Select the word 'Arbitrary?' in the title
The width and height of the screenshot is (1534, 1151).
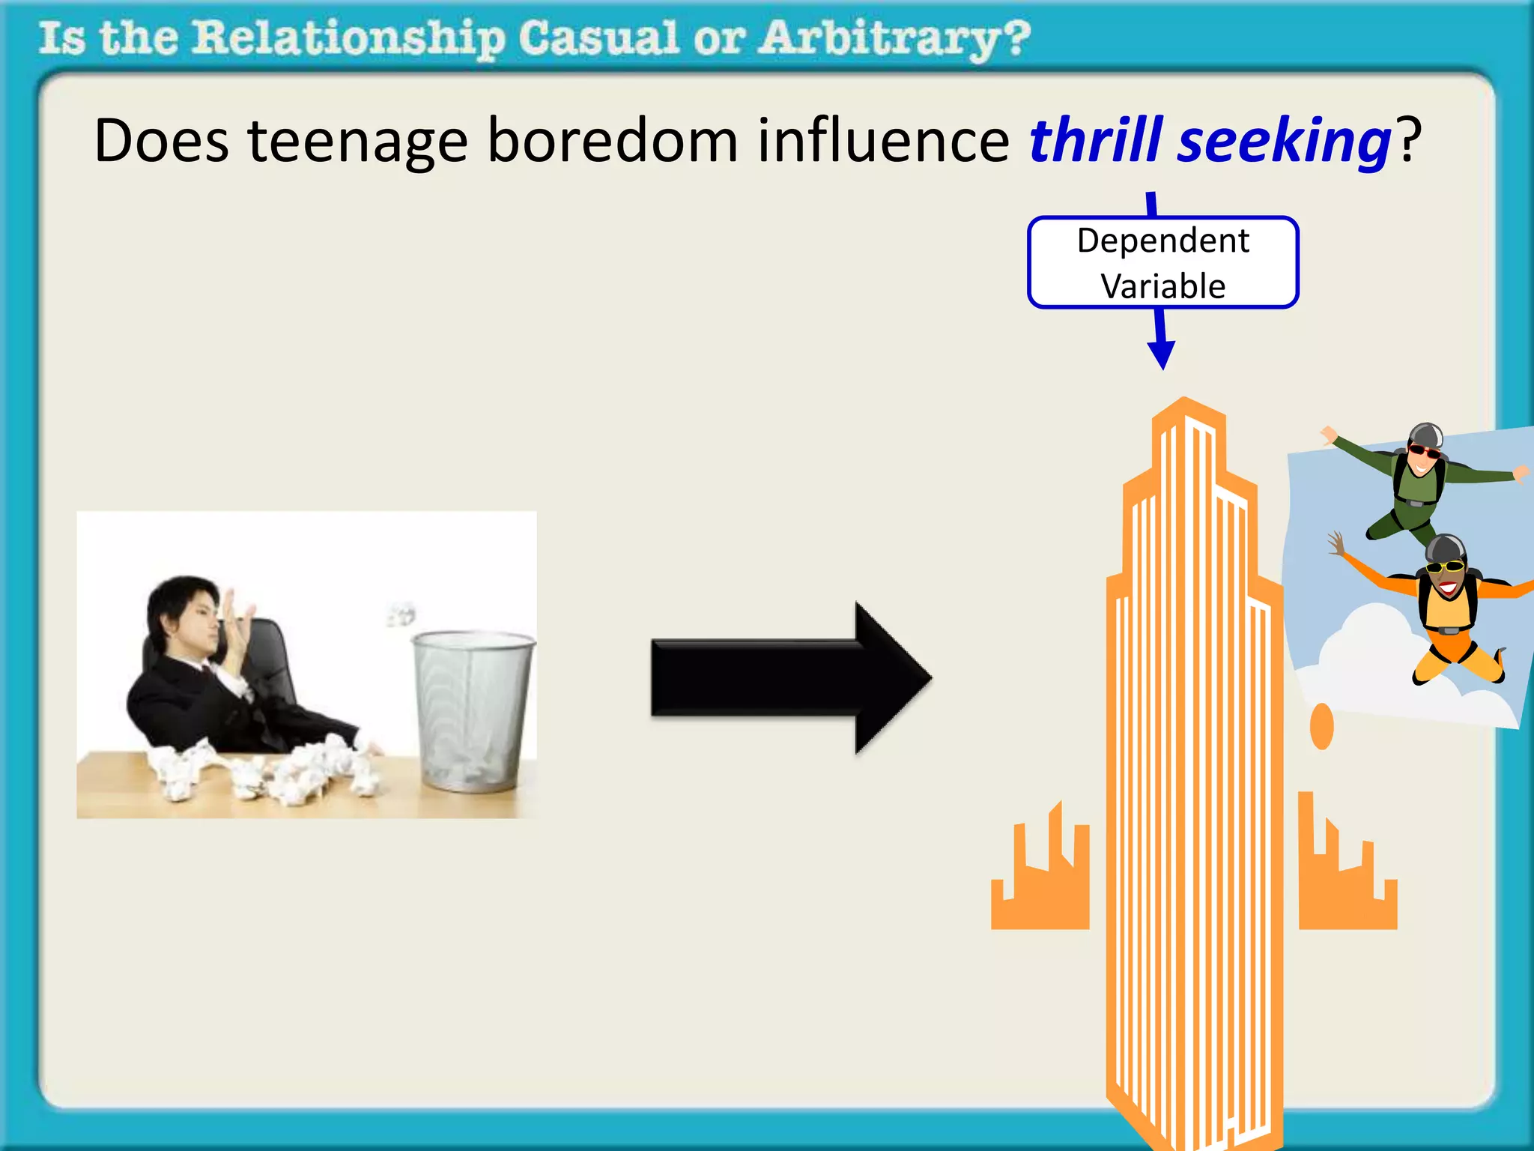pos(894,39)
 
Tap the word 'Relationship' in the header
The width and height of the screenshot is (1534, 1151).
pos(348,39)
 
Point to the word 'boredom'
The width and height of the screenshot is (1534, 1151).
pos(613,141)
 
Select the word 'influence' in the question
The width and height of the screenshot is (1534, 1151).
pos(883,141)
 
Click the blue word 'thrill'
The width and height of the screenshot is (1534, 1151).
pos(1096,141)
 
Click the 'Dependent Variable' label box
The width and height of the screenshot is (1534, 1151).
pos(1162,263)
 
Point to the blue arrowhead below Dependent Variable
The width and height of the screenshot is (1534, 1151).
pos(1162,353)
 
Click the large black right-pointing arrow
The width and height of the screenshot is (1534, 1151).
pos(790,677)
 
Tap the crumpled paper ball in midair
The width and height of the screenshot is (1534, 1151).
pos(401,613)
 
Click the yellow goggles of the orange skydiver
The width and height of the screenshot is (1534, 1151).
pos(1445,566)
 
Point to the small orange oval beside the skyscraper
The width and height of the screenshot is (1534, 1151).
pos(1322,726)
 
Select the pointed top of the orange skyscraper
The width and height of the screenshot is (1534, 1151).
pos(1184,408)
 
